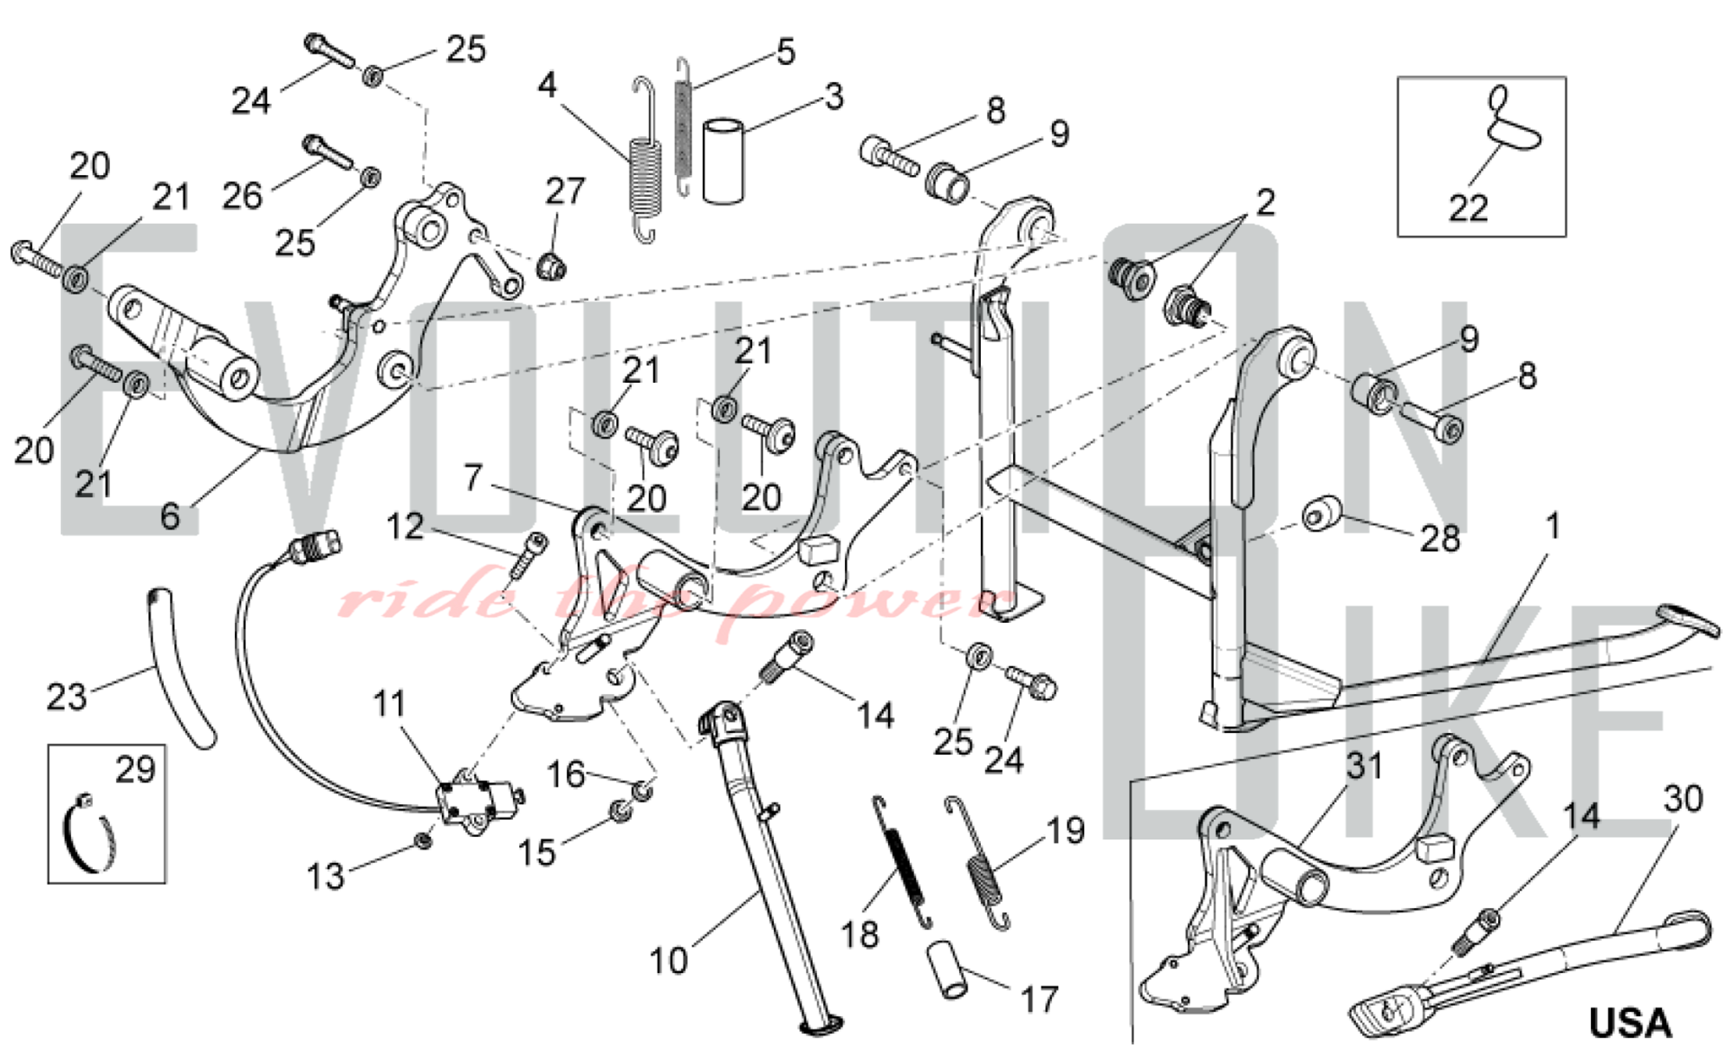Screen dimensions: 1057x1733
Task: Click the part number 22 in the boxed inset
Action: tap(1468, 208)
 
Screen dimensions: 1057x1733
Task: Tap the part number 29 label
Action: tap(135, 769)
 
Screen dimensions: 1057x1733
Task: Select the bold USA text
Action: tap(1629, 1023)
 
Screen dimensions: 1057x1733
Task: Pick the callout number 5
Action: tap(785, 52)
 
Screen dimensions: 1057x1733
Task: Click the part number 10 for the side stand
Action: tap(668, 961)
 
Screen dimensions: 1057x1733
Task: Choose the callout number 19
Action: tap(1066, 831)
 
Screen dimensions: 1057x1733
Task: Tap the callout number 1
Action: tap(1552, 526)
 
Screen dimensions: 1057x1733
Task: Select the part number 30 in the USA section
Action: tap(1683, 799)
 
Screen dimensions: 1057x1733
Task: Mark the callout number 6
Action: tap(170, 516)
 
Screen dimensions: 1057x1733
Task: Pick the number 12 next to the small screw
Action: tap(405, 526)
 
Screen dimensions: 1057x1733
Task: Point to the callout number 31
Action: tap(1364, 766)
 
